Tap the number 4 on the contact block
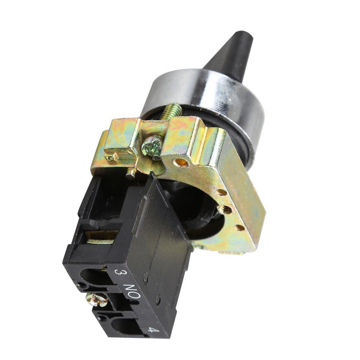point(152,329)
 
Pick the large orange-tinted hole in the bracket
point(181,163)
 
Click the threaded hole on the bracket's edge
point(225,209)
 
